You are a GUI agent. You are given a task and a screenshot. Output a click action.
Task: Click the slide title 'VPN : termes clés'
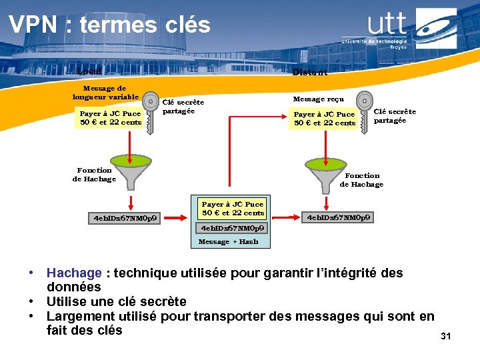tap(109, 25)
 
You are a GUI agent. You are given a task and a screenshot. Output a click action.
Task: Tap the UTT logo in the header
tap(408, 28)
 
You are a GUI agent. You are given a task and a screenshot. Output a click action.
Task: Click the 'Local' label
tap(89, 71)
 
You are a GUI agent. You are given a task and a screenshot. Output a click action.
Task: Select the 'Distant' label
tap(310, 72)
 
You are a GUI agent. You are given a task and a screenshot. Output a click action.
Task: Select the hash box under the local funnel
tap(125, 218)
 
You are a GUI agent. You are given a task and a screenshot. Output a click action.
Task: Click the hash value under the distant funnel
tap(339, 217)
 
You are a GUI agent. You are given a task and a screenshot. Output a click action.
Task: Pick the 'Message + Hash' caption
tap(229, 241)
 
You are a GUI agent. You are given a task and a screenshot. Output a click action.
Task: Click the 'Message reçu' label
tap(319, 99)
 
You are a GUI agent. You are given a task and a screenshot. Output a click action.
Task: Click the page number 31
tap(446, 337)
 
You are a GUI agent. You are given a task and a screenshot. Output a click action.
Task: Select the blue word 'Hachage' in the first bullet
tap(74, 273)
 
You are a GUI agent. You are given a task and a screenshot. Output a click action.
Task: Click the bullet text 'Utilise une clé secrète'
tap(117, 301)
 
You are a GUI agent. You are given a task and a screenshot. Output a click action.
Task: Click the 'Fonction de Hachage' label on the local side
tap(95, 175)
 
